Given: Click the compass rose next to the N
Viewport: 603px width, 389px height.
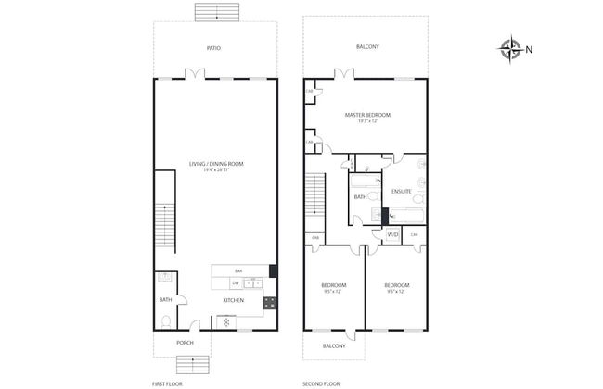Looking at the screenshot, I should (510, 49).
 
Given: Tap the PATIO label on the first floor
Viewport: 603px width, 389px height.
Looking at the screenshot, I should (213, 47).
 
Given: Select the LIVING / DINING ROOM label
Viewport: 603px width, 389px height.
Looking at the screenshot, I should (215, 164).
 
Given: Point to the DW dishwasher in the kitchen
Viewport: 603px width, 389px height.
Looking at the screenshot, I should (236, 282).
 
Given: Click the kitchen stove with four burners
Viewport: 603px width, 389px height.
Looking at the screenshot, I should (270, 301).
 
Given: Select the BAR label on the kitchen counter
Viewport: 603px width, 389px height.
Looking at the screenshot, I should (238, 270).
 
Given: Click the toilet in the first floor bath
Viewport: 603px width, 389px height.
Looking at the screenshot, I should (165, 321).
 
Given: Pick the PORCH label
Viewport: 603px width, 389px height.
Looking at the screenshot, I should (185, 343).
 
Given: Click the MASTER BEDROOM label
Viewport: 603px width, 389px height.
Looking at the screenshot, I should (367, 116).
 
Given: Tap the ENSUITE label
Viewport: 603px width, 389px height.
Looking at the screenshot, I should (401, 191).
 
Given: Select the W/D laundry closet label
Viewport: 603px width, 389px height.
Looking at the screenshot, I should (391, 235).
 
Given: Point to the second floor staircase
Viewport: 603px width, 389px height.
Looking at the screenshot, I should (317, 195).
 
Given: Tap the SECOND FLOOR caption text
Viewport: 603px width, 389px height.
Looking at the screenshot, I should (321, 382).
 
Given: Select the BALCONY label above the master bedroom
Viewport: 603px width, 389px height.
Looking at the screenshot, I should (368, 47).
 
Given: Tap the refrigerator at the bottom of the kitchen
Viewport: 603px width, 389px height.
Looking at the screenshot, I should (225, 321).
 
